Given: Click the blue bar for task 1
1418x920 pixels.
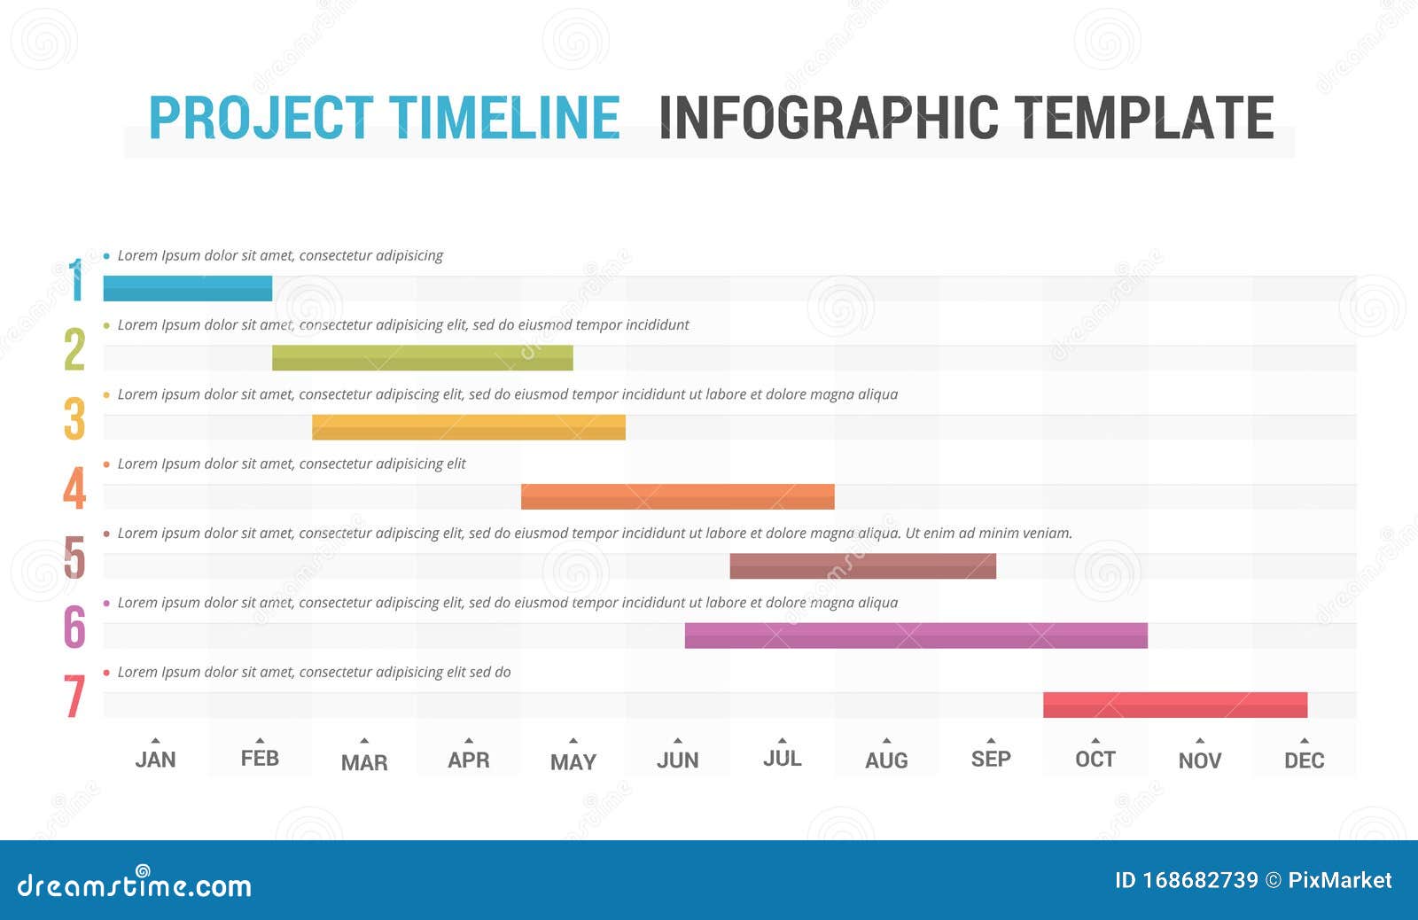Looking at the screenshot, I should coord(187,288).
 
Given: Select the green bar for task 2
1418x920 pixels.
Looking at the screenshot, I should coord(422,357).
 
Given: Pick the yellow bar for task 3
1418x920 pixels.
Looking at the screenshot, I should coord(468,426).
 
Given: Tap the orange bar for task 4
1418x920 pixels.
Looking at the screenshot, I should coord(677,496).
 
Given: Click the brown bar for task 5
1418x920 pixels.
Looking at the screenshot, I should coord(862,565).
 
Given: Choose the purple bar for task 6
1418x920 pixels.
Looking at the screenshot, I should coord(915,635).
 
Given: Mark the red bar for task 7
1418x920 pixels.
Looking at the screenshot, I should coord(1174,705).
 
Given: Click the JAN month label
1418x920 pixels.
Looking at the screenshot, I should coord(155,760).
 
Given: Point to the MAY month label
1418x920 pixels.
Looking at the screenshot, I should coord(573,762).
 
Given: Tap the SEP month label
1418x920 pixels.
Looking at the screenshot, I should coord(990,760).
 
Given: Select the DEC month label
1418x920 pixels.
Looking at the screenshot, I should coord(1304,760).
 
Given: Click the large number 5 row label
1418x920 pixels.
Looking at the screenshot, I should coord(74,557).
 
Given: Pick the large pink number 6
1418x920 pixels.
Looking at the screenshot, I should coord(74,627).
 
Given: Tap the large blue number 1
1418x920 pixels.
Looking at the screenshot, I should coord(77,280).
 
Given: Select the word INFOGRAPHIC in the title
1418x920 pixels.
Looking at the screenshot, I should coord(829,118).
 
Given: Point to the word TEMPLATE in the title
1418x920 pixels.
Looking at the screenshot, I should coord(1144,118).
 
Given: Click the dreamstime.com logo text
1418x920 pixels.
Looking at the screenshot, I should coord(134,885).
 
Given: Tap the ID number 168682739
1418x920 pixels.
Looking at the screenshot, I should coord(1200,880).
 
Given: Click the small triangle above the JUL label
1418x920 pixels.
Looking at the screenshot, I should coord(782,740).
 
